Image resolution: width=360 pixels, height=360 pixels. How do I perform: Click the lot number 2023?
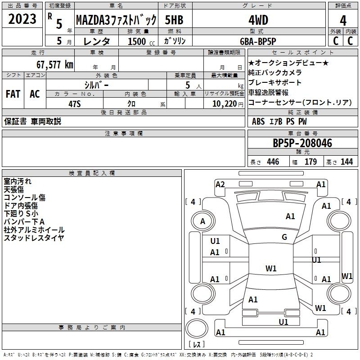coord(22,19)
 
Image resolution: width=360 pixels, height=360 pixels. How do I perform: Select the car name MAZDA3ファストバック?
coord(116,20)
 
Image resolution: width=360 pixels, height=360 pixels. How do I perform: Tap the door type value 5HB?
coord(174,20)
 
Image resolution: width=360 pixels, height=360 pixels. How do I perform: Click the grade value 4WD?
coord(258,20)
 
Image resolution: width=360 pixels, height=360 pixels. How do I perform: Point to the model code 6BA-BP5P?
coord(258,41)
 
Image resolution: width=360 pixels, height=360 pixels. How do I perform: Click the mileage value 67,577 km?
coord(55,65)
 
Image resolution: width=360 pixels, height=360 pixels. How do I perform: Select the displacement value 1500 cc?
coord(141,41)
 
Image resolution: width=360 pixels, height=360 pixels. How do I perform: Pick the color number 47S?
coord(75,104)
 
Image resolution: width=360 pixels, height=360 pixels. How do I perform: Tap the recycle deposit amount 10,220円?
coord(228,104)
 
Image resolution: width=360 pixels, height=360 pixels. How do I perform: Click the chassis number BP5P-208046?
coord(302,143)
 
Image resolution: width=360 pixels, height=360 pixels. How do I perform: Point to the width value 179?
coord(310,162)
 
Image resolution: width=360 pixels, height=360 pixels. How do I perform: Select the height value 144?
coord(346,162)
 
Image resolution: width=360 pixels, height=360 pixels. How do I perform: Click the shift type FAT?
coord(13,94)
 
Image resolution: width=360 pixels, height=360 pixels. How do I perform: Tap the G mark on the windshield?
coord(284,237)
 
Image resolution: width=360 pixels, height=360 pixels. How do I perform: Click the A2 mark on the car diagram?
coord(220,184)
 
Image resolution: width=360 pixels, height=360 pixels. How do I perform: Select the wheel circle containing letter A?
coord(203,221)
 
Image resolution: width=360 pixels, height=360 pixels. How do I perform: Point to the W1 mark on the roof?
coord(271,268)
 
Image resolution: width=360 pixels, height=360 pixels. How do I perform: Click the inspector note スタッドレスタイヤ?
coord(34,238)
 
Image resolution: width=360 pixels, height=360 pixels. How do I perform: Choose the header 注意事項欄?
coord(124,133)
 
